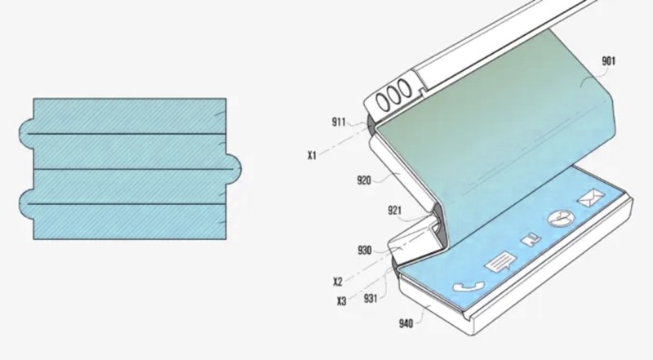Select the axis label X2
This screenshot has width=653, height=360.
coord(338,282)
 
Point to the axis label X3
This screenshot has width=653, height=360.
coord(341,301)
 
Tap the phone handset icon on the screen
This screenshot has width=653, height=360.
coord(464,288)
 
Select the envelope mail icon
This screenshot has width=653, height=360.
coord(588,199)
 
